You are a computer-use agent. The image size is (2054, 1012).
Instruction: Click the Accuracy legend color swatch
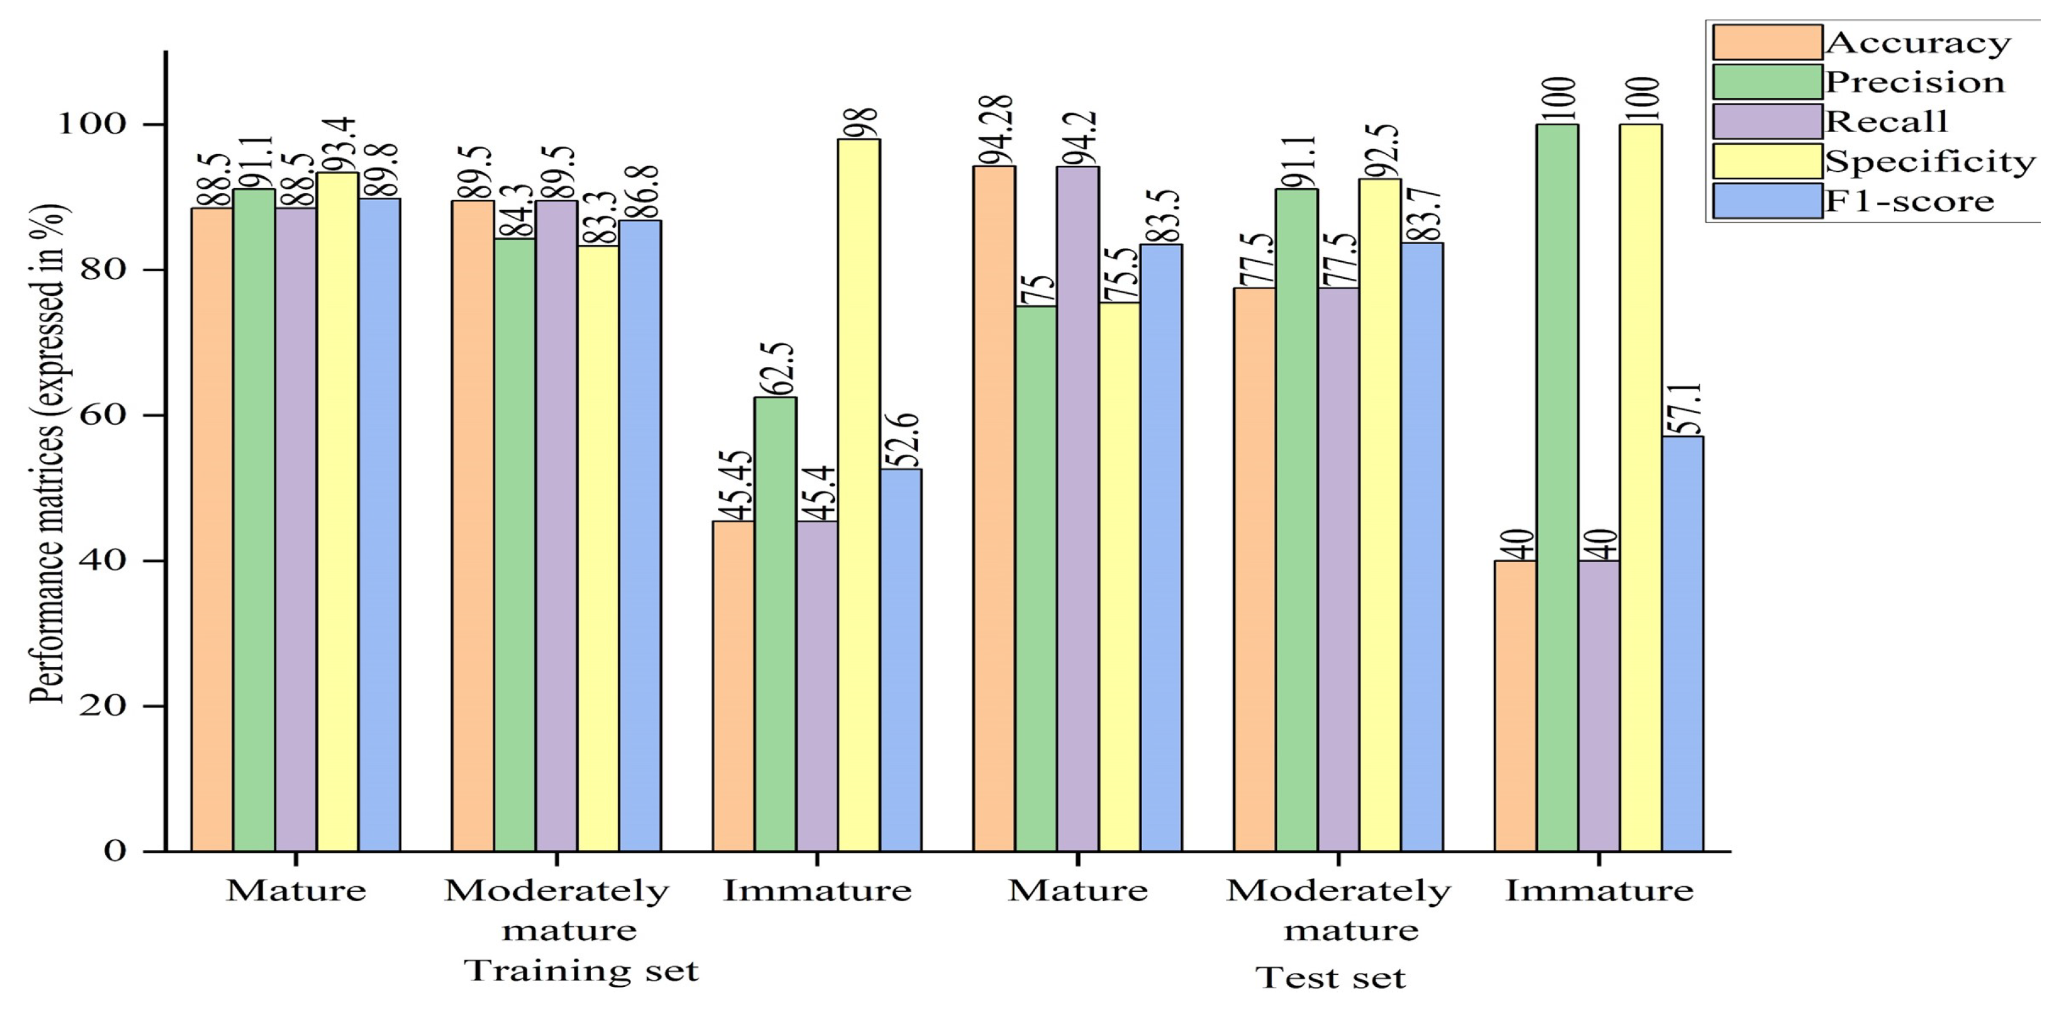tap(1767, 42)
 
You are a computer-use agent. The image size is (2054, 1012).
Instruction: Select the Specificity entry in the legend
tap(1929, 162)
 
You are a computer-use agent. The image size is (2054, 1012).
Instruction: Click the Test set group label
tap(1330, 978)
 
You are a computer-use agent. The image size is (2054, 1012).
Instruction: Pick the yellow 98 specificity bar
tap(859, 495)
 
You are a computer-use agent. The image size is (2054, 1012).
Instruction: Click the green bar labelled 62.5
tap(775, 622)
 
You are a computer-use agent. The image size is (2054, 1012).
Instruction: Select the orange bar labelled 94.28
tap(994, 510)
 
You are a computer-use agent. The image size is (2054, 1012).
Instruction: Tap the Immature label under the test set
tap(1598, 890)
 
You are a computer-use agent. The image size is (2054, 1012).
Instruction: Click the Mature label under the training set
tap(296, 890)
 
